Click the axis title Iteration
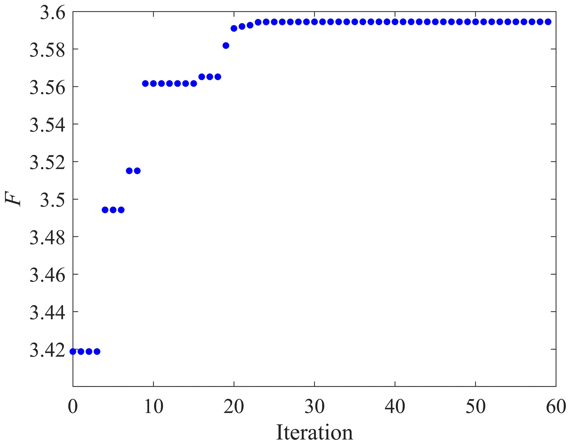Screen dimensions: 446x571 tap(314, 432)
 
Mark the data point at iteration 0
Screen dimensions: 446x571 tap(73, 351)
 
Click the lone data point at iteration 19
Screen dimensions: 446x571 tap(226, 46)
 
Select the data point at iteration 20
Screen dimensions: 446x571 tap(234, 28)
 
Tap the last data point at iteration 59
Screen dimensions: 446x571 tap(548, 22)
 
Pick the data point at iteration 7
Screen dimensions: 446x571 tap(129, 171)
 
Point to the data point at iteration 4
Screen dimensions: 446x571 tap(105, 210)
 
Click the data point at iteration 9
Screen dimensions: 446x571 tap(145, 83)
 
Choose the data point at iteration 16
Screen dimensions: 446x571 tap(202, 77)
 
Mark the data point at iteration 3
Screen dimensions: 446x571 tap(97, 351)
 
